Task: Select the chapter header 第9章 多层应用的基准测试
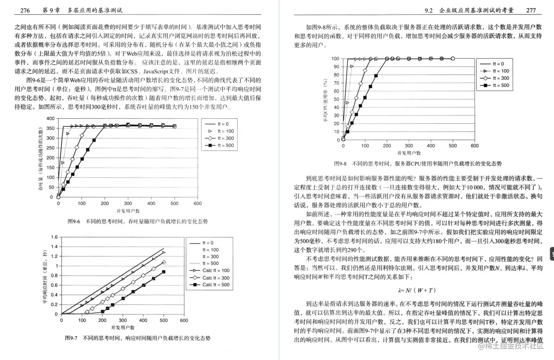(x=82, y=9)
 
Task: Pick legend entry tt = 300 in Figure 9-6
(x=225, y=138)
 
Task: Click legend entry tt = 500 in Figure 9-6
(x=225, y=145)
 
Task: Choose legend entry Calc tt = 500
(x=216, y=285)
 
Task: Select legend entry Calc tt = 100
(x=216, y=270)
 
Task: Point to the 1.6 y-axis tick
(x=53, y=237)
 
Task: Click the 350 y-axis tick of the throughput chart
(x=50, y=128)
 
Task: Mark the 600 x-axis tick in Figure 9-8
(x=474, y=145)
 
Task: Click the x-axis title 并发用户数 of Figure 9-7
(x=122, y=328)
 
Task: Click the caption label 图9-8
(x=341, y=164)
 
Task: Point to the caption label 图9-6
(x=74, y=222)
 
